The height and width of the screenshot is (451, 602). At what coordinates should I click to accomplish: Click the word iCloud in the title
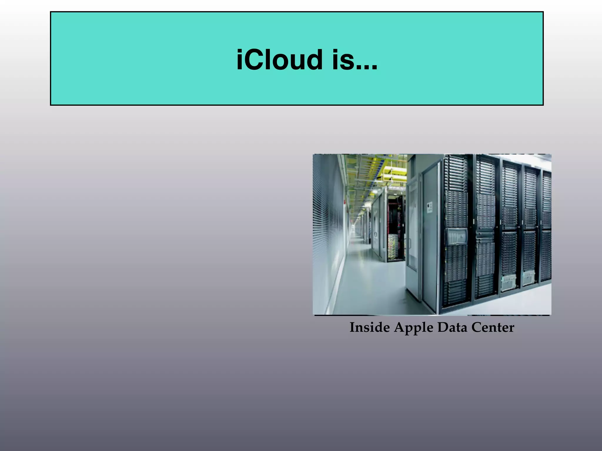click(279, 60)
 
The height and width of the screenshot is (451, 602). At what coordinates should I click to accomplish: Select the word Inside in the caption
click(369, 327)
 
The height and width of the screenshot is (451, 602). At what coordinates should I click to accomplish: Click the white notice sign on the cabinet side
click(429, 207)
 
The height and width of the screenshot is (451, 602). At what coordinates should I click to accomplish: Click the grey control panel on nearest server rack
click(457, 236)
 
